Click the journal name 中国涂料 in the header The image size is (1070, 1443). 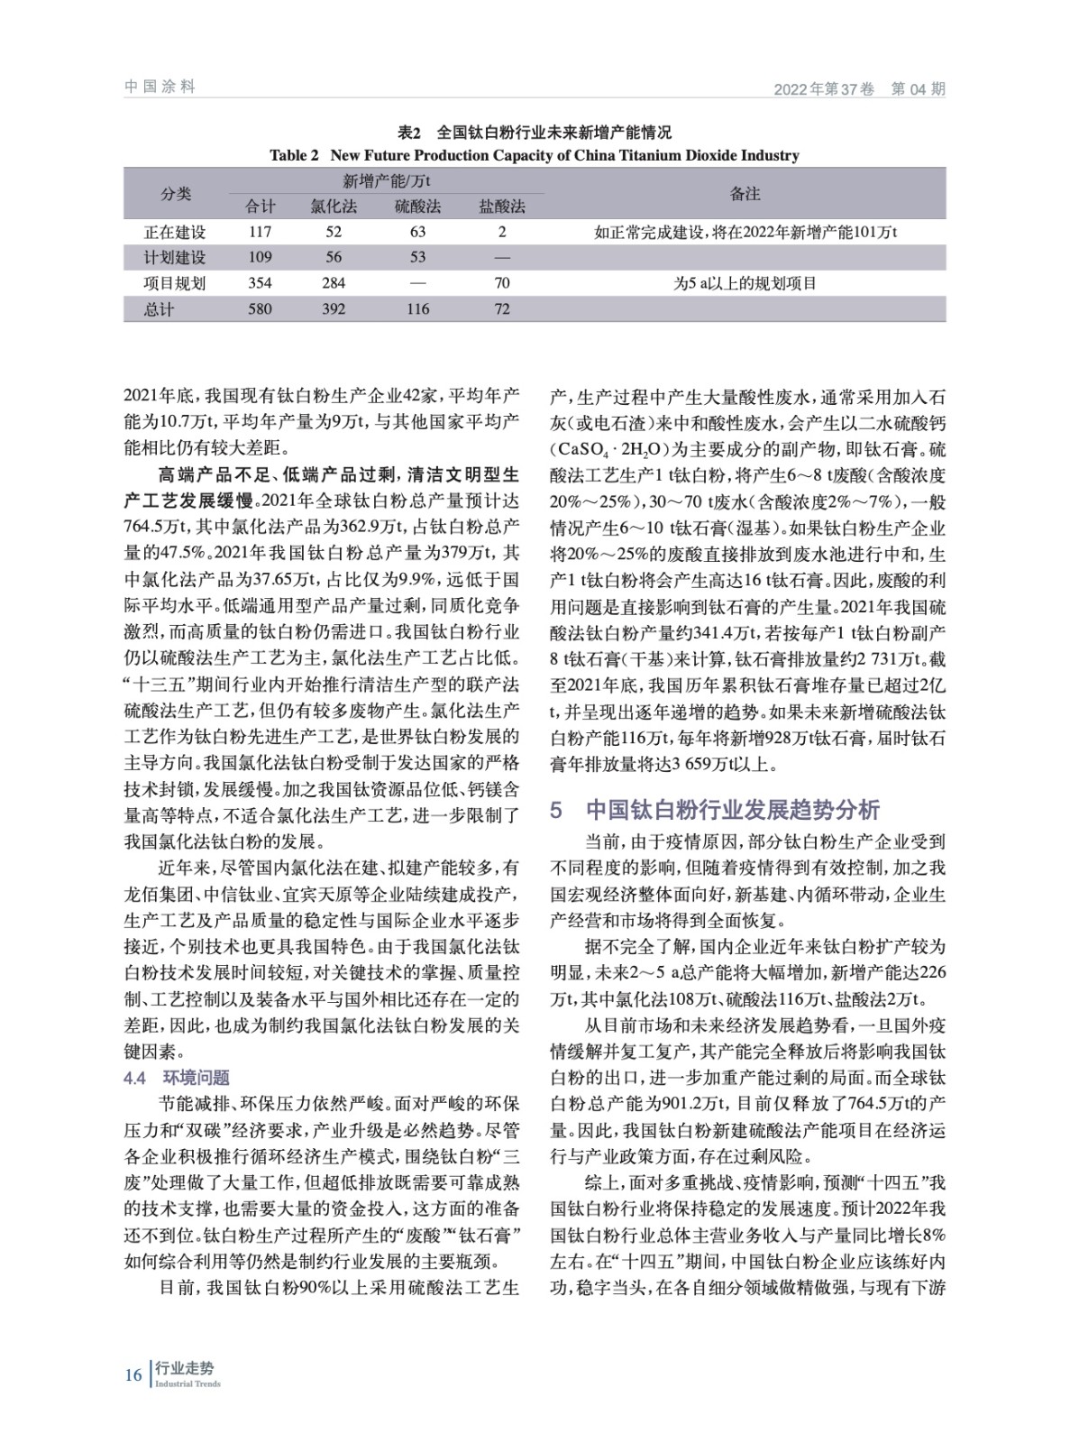pos(160,87)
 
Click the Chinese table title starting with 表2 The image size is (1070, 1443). pos(535,133)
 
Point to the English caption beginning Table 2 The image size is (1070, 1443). pos(535,155)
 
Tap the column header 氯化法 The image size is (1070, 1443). pos(334,207)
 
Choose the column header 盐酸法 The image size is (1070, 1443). pos(502,207)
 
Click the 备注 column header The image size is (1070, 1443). pos(745,193)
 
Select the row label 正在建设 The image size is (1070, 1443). pos(175,233)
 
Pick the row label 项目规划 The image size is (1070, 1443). pos(175,283)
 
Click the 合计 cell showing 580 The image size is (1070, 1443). pos(260,308)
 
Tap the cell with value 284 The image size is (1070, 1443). pos(334,283)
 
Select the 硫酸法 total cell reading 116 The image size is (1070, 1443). pos(417,308)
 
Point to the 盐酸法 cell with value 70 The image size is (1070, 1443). pos(502,283)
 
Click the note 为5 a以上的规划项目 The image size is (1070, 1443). pos(745,283)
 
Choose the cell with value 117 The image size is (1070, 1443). pos(260,233)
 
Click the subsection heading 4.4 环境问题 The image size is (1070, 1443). pos(177,1078)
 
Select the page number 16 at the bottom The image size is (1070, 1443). pos(133,1374)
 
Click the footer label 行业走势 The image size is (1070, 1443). pos(185,1369)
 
